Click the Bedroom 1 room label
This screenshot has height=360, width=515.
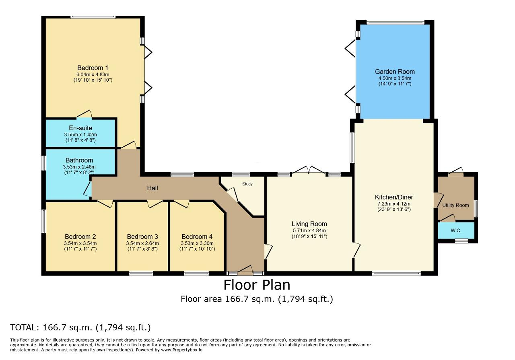point(93,68)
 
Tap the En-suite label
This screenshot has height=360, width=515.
point(80,128)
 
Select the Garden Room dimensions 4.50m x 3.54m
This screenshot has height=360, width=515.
point(395,78)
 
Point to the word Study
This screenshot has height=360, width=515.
point(247,184)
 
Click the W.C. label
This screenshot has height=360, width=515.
point(456,230)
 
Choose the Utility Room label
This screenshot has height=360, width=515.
point(455,205)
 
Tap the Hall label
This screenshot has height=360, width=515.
point(152,188)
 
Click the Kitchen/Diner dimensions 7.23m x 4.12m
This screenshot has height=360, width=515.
point(394,204)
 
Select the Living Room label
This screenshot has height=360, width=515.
point(309,224)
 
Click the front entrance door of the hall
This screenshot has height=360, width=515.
point(245,271)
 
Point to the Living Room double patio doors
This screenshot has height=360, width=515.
point(309,170)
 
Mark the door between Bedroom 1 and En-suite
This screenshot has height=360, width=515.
point(84,114)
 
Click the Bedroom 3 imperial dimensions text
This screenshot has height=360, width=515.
point(142,249)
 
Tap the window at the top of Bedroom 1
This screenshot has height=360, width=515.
point(93,17)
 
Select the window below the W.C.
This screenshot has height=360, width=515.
point(461,241)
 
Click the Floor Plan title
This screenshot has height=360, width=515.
point(257,285)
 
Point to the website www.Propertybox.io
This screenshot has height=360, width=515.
point(181,350)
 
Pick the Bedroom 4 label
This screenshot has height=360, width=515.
point(197,237)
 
